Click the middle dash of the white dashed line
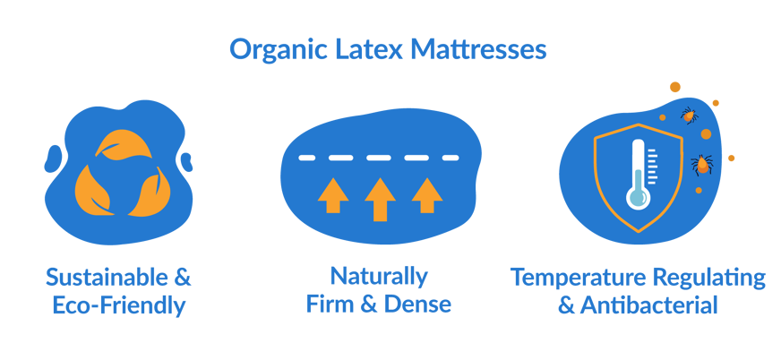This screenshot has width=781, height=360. pos(379,158)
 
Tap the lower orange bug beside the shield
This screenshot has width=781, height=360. pos(702,165)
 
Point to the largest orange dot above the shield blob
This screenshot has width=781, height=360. pos(675,87)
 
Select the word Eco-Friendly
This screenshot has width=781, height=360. pos(118,305)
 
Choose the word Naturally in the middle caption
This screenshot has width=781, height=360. pos(379,275)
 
